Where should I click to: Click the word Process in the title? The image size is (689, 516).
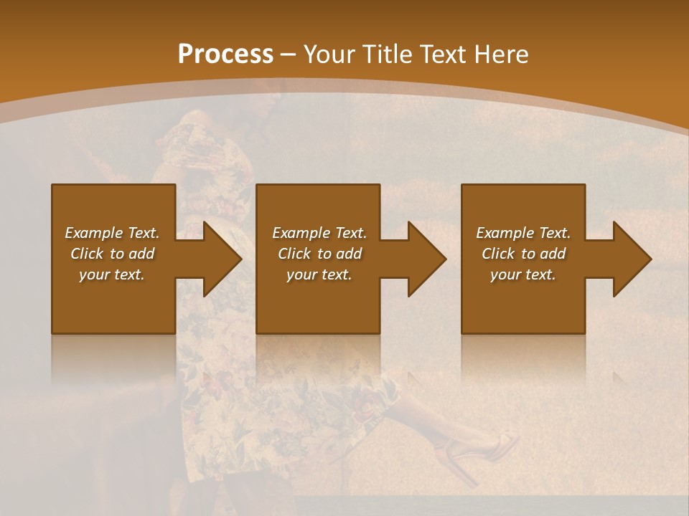(x=225, y=54)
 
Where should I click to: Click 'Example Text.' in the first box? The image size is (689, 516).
(x=112, y=233)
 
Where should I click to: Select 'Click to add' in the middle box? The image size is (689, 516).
(x=319, y=254)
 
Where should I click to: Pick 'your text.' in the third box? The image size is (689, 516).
(x=522, y=274)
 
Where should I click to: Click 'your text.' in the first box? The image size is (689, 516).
(x=112, y=274)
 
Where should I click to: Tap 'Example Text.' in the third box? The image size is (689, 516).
(x=523, y=233)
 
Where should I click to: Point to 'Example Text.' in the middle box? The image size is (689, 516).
(x=319, y=233)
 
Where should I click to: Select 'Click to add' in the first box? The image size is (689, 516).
(x=112, y=254)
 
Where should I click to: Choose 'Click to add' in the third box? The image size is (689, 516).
(x=523, y=254)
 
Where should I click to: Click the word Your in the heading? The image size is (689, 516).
(x=327, y=54)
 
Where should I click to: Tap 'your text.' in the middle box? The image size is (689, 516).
(x=319, y=274)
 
